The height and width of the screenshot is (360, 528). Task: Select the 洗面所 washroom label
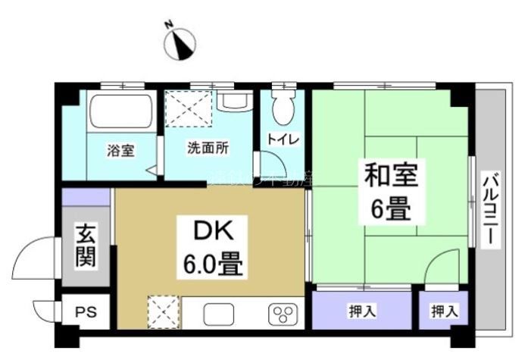208,149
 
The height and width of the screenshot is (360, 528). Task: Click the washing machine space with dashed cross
188,110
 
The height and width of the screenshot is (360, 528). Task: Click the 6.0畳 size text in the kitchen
211,265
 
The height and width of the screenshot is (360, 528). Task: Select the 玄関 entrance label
84,246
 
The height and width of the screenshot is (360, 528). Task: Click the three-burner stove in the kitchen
283,313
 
